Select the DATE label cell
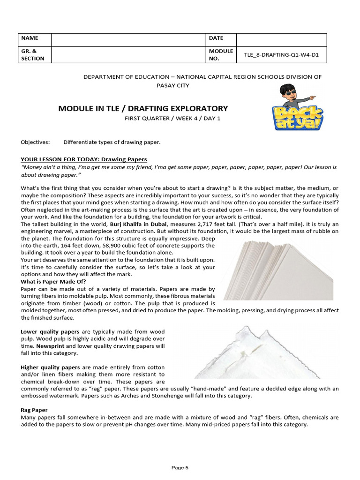point(216,38)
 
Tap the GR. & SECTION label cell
point(32,54)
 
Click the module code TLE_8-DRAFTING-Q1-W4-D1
point(281,54)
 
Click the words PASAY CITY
point(173,85)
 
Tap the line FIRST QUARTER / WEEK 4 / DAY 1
point(172,118)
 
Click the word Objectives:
point(35,142)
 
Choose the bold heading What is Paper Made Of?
point(53,282)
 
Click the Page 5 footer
point(180,467)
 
